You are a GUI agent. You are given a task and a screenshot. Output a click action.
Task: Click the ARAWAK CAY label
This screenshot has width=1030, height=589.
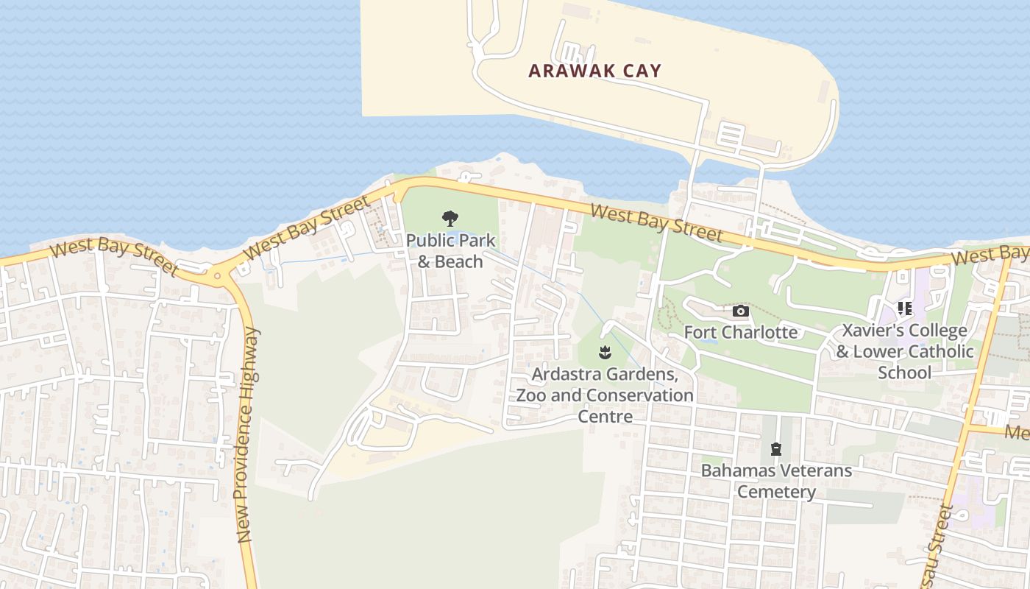point(595,71)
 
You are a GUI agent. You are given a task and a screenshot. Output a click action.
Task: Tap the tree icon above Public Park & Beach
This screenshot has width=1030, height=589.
point(450,219)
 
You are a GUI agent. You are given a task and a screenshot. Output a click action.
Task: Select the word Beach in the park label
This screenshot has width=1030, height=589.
point(458,261)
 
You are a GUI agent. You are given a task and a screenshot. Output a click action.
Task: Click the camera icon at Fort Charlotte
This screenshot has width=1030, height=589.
point(741,311)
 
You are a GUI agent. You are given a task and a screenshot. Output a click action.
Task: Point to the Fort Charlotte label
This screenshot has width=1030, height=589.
point(741,332)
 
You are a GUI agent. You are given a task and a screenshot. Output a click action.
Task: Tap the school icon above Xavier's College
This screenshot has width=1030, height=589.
point(904,308)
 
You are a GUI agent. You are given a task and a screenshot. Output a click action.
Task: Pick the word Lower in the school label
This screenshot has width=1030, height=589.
point(881,352)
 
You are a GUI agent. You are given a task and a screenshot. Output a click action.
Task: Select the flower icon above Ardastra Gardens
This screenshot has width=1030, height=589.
point(605,353)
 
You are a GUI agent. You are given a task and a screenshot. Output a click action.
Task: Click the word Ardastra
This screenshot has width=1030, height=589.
point(567,374)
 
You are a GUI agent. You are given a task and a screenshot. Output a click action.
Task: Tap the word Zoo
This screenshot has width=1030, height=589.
point(531,395)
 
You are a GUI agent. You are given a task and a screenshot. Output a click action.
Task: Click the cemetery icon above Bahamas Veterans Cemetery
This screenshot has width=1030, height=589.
point(775,448)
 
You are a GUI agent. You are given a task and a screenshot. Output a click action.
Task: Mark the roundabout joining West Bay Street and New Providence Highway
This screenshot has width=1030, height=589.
point(217,277)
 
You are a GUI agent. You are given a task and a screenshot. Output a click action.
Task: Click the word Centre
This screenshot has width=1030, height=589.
point(605,417)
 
